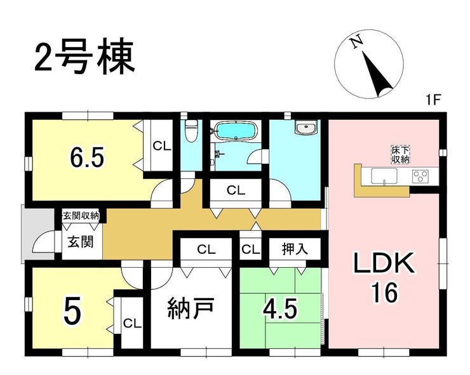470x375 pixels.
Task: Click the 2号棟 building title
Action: pos(84,57)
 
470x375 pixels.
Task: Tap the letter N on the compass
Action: pos(357,43)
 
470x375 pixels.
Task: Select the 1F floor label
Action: pos(433,100)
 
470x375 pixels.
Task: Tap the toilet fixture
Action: pos(191,131)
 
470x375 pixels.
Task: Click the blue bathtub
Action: pos(237,131)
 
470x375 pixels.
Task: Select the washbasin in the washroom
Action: pos(305,128)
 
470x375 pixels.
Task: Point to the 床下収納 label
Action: pos(400,155)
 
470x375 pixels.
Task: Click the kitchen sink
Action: pos(384,176)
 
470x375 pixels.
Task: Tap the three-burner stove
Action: pos(420,176)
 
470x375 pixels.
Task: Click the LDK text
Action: pos(384,263)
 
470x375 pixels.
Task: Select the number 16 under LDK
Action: pos(385,293)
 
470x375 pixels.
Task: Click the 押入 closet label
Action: pos(295,249)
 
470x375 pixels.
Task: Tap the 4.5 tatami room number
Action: pos(280,309)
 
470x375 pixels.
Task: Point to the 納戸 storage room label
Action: pos(190,308)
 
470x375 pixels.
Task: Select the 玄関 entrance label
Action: pos(80,242)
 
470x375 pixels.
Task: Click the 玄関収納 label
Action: pos(81,215)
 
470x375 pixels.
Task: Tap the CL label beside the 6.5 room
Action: pos(162,146)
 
